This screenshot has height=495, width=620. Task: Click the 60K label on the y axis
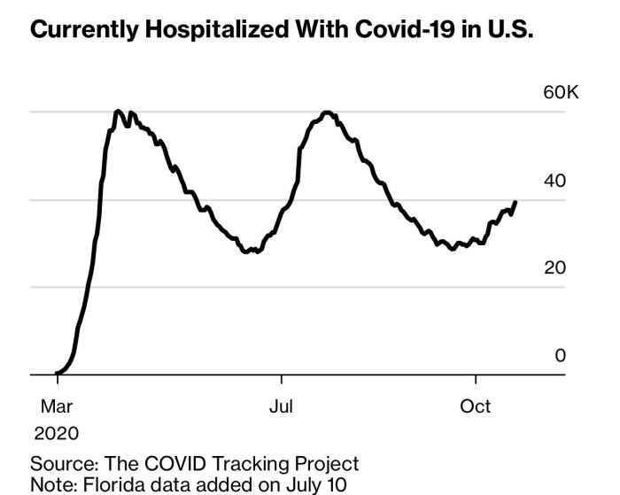[x=560, y=94]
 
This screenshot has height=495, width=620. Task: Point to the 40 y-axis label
[x=554, y=181]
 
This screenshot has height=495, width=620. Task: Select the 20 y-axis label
[x=554, y=268]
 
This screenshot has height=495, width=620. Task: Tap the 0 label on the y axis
[x=560, y=355]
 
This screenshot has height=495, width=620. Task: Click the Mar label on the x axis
[x=56, y=406]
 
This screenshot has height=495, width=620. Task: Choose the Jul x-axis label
[x=281, y=406]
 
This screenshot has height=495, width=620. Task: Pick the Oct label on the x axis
[x=476, y=406]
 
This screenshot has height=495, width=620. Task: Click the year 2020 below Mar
[x=56, y=434]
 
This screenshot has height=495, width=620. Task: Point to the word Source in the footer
[x=63, y=463]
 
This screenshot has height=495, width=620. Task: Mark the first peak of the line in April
[x=118, y=112]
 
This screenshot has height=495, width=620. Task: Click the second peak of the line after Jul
[x=328, y=112]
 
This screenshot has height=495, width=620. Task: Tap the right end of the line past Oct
[x=515, y=202]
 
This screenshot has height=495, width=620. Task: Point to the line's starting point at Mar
[x=57, y=374]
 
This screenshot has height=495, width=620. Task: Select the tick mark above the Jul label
[x=282, y=379]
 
